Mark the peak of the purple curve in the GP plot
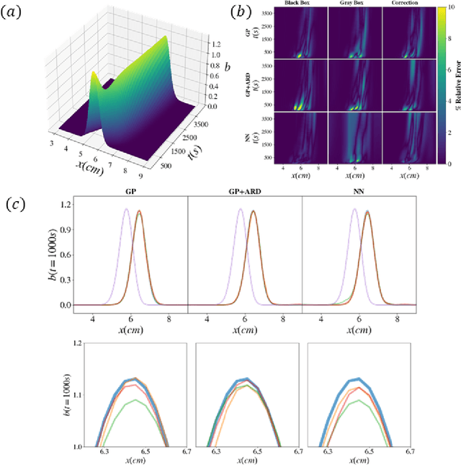(x=126, y=209)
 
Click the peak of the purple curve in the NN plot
(x=354, y=209)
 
